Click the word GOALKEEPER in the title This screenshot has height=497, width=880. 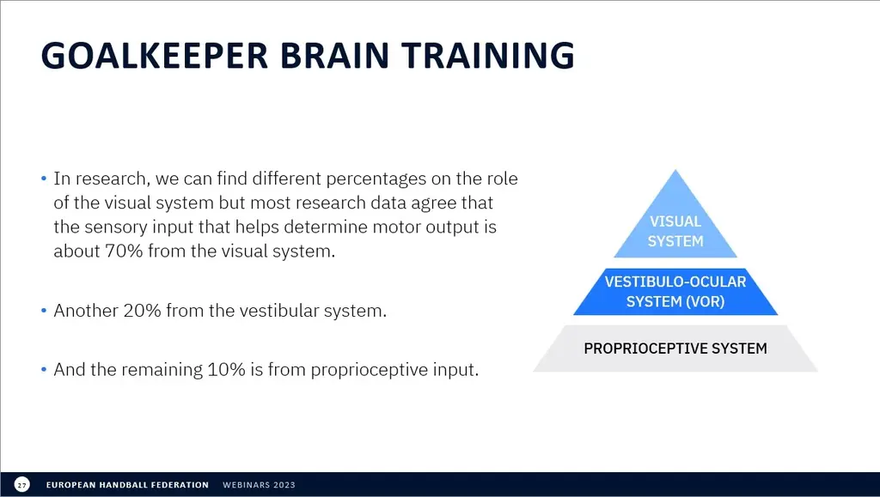tap(155, 55)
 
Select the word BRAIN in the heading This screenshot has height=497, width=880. tap(334, 55)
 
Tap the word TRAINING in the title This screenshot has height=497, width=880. tap(488, 55)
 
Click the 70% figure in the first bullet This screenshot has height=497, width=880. tap(124, 251)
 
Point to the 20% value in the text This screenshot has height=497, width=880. tap(142, 311)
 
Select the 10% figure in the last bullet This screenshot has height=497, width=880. tap(226, 370)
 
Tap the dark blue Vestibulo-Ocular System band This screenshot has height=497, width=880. tap(675, 291)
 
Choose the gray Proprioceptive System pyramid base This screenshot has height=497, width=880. tap(675, 348)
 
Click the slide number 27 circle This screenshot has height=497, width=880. tap(21, 485)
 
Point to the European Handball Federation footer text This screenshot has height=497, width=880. tap(127, 485)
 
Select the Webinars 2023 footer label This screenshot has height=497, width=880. tap(259, 485)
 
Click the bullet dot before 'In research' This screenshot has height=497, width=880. tap(44, 179)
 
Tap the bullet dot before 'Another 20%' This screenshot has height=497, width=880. tap(44, 311)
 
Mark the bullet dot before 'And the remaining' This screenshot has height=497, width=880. tap(44, 370)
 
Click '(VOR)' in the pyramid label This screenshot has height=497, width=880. tap(699, 301)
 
